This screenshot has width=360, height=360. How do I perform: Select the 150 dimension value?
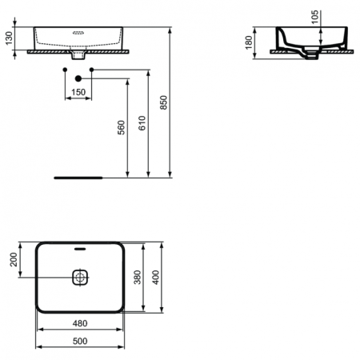coord(78,93)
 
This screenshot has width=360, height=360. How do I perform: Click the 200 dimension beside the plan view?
coord(12,259)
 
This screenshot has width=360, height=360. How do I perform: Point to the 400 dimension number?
coord(158,277)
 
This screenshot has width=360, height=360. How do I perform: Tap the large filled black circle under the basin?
coord(78,78)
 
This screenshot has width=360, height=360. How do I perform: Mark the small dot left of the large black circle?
coord(63,71)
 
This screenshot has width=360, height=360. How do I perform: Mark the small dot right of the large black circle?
coord(92,71)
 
